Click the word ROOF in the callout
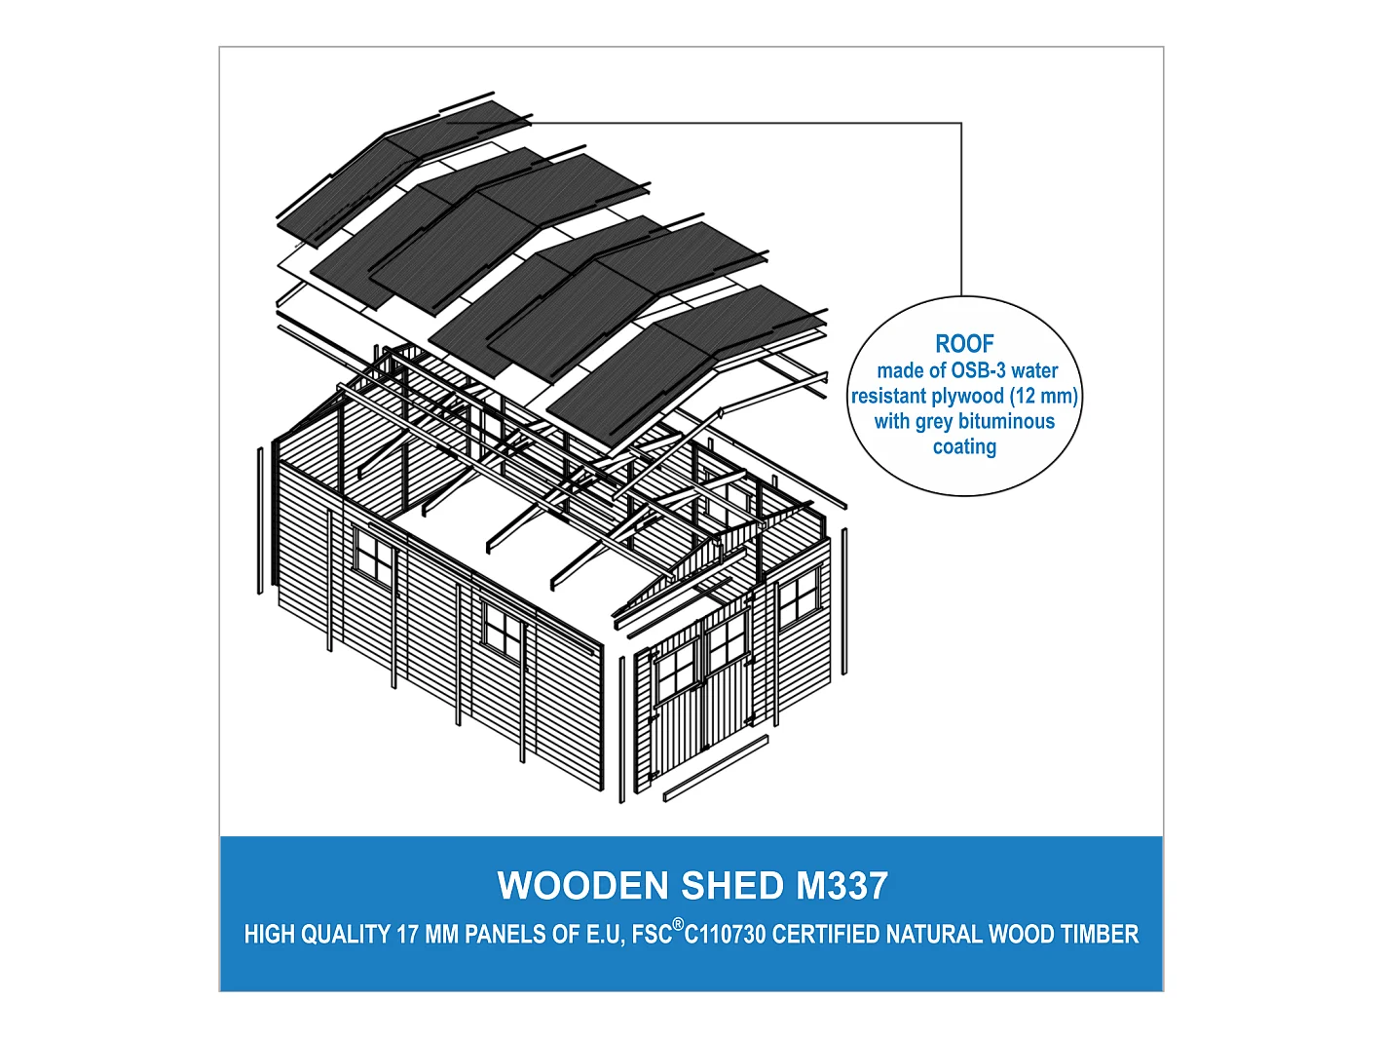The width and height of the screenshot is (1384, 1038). coord(964,344)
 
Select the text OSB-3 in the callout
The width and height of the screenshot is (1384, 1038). coord(978,370)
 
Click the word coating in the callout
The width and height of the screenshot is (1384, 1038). coord(964,446)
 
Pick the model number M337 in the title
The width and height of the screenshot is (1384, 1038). coord(842,886)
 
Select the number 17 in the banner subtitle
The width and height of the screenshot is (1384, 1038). coord(407,935)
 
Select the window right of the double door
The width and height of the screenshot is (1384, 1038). coord(799,597)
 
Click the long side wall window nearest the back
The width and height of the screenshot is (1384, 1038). coord(374,559)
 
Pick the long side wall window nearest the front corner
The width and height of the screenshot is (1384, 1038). coord(503,631)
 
